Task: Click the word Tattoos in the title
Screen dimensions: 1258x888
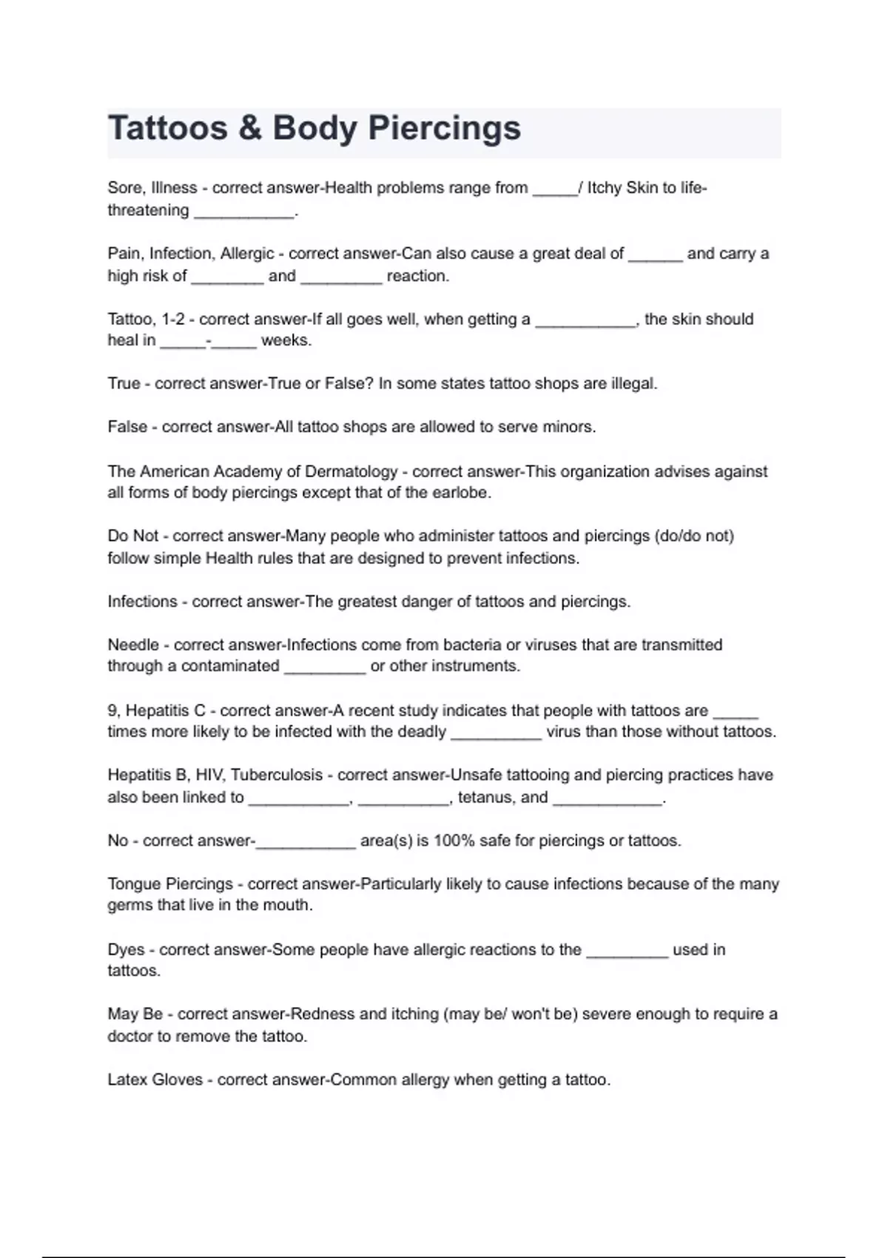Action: pos(167,128)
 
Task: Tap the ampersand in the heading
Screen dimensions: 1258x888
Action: pos(250,128)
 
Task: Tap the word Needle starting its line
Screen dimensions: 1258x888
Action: pos(133,645)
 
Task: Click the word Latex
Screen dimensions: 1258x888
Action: pos(127,1080)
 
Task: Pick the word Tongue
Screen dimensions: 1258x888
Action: pos(133,884)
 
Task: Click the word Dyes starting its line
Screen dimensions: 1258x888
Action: pos(126,949)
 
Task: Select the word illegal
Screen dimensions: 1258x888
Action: pos(633,383)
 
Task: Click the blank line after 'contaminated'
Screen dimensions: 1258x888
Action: pos(325,667)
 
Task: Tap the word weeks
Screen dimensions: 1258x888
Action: pos(286,340)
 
